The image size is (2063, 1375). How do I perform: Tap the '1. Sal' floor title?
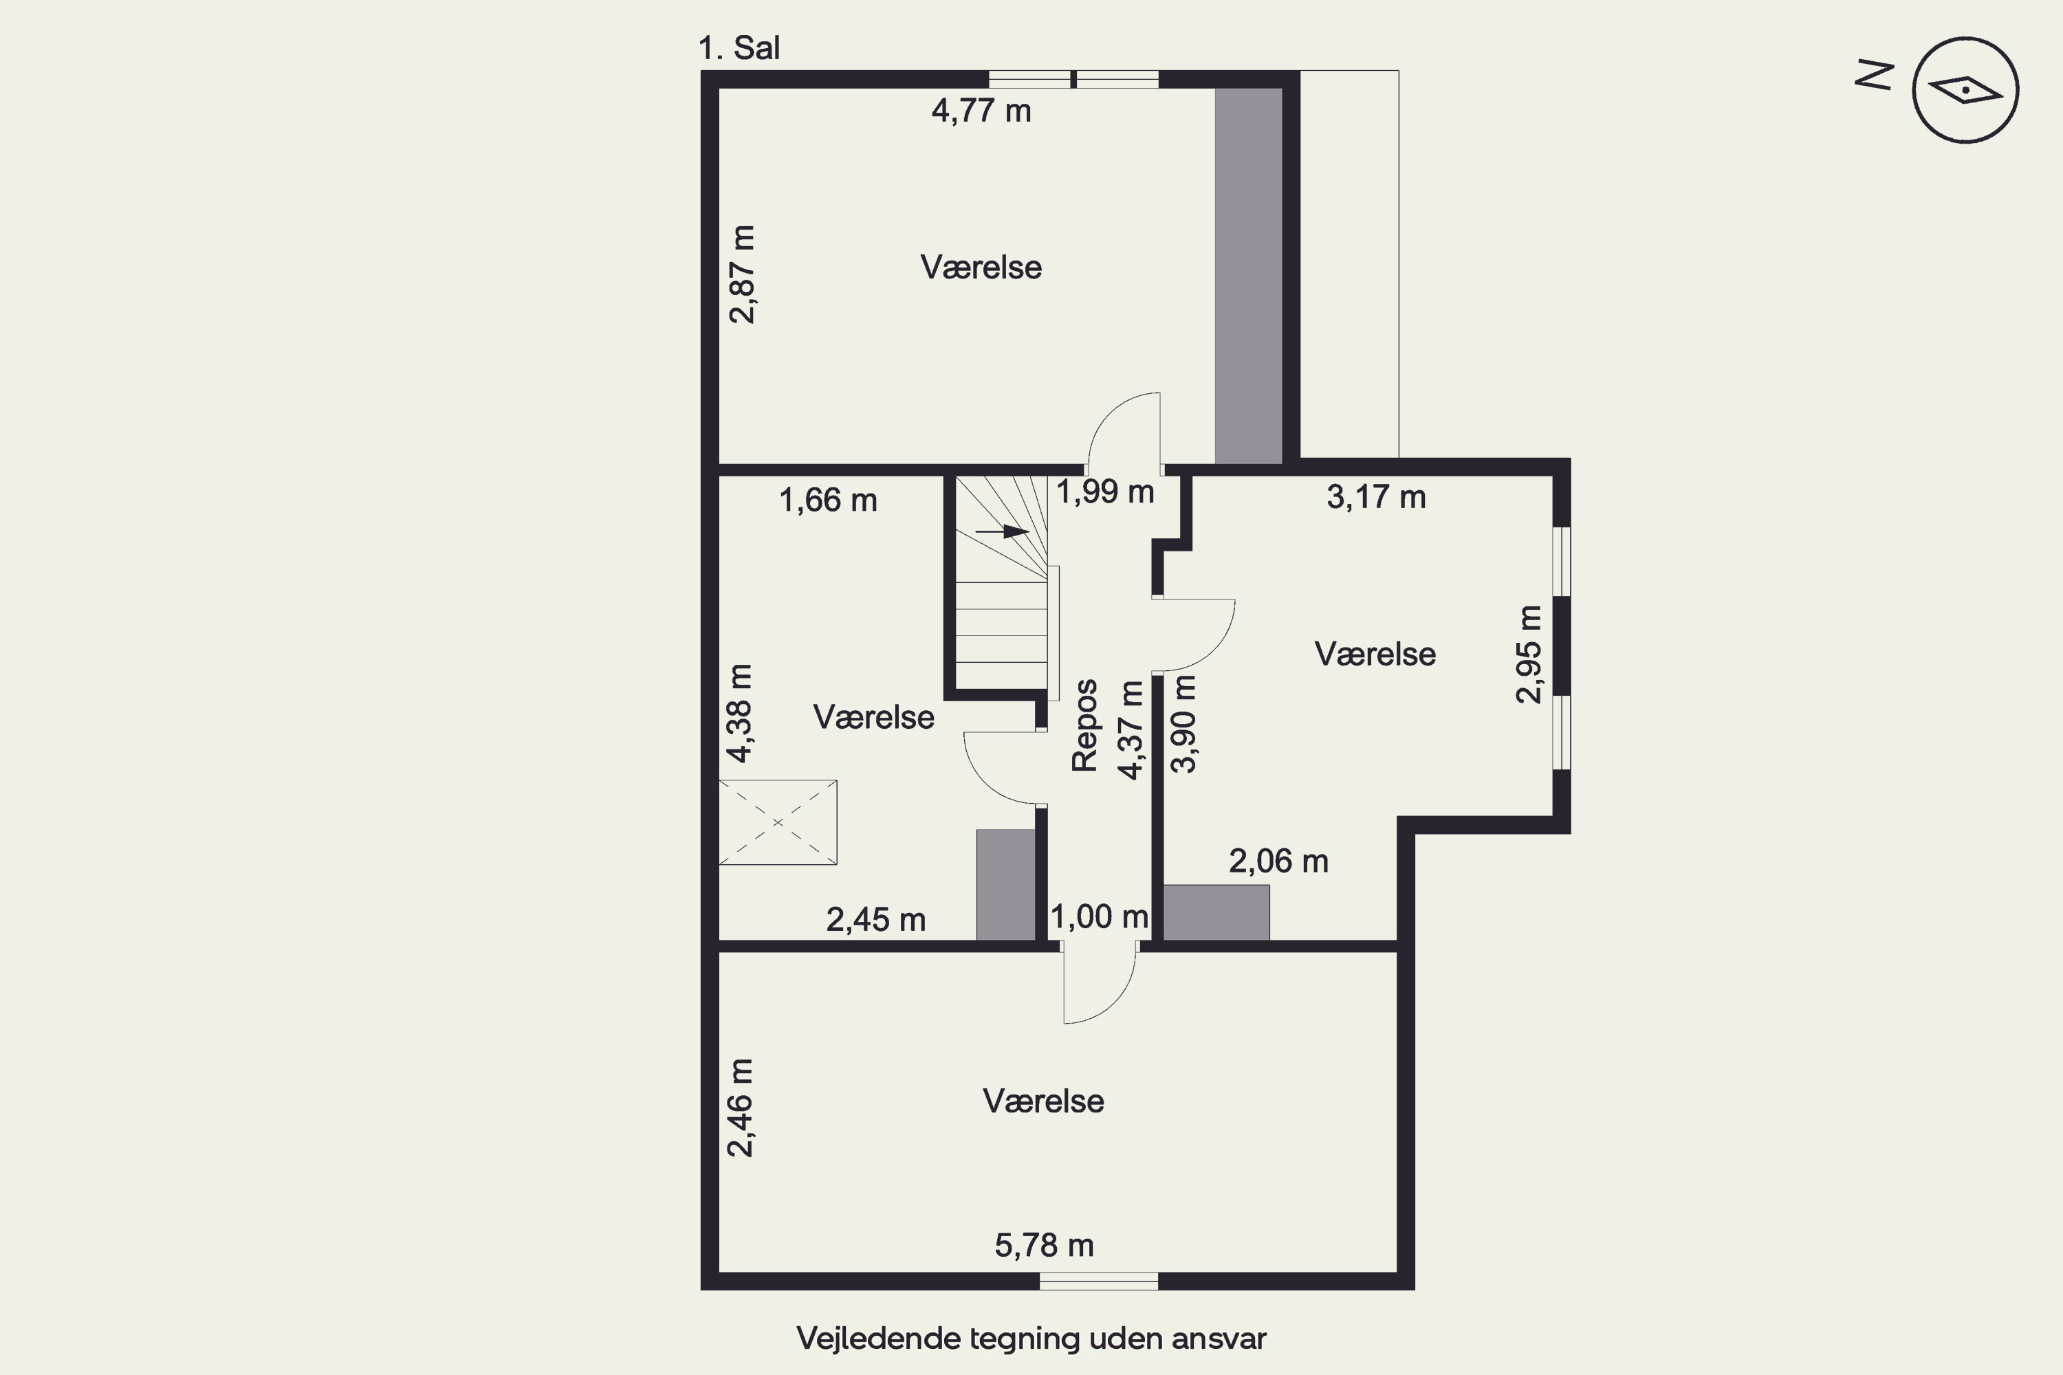coord(739,48)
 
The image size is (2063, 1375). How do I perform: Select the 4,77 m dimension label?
coord(981,111)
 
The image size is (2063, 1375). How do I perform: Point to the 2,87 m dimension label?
coord(742,274)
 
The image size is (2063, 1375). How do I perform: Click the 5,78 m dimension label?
coord(1044,1245)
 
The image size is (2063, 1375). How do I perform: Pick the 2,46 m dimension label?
coord(741,1108)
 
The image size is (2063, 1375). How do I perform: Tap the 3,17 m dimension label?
coord(1376,497)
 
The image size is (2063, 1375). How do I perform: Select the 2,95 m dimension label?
coord(1528,654)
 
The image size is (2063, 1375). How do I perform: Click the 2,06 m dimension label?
coord(1279,862)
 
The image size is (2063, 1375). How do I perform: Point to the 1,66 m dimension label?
coord(828,500)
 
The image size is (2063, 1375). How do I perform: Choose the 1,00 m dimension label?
coord(1099,917)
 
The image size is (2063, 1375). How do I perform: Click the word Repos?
coord(1085,725)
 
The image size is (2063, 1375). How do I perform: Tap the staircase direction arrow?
coord(1003,531)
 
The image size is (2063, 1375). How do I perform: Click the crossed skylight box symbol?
coord(777,822)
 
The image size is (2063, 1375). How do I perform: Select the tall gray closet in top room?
coord(1248,276)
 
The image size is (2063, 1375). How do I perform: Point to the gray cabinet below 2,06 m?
coord(1216,913)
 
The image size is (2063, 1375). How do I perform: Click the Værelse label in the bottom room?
coord(1043,1101)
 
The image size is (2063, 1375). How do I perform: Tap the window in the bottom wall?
coord(1099,1281)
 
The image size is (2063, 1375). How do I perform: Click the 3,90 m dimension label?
coord(1184,723)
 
